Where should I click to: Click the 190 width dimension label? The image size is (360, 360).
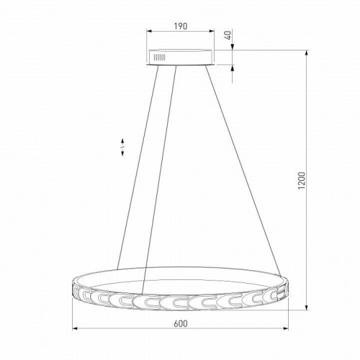[180, 26]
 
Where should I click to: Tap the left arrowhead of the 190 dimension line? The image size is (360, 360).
[148, 32]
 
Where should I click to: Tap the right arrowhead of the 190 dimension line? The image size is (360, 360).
[213, 32]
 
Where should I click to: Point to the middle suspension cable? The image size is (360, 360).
[159, 173]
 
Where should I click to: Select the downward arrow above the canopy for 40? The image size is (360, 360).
[234, 45]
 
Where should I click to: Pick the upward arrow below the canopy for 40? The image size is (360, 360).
[234, 69]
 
